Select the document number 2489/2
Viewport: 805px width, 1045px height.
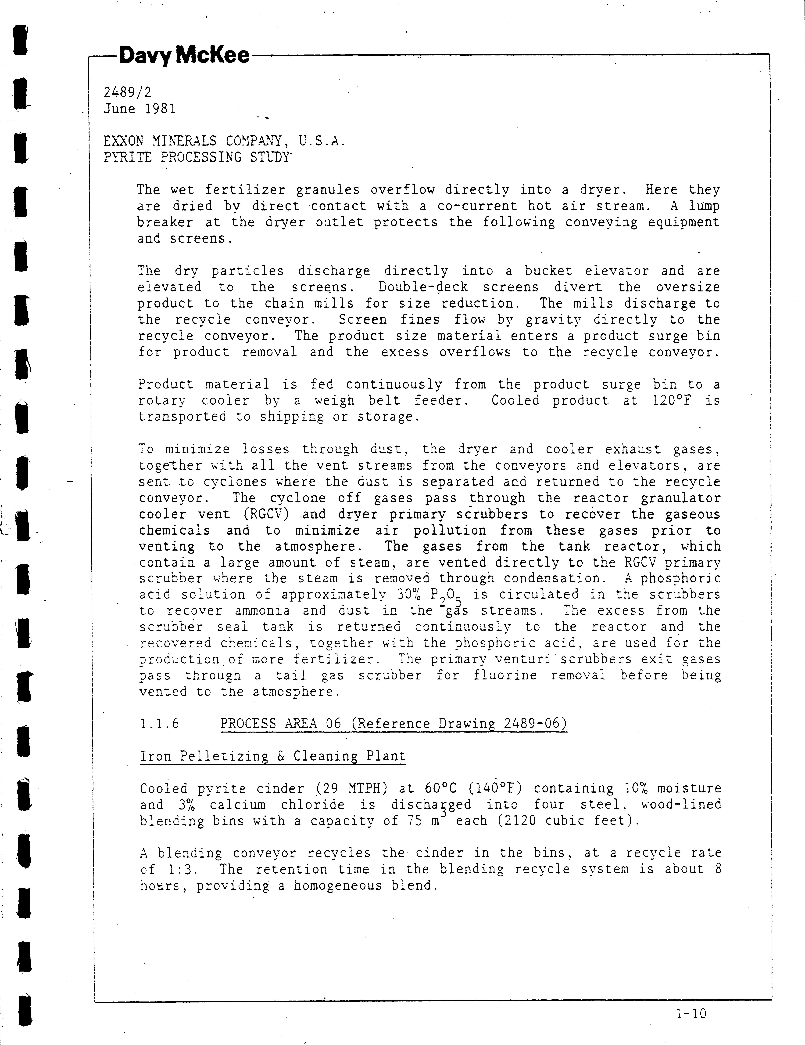(127, 92)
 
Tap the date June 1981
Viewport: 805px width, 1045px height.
(140, 109)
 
